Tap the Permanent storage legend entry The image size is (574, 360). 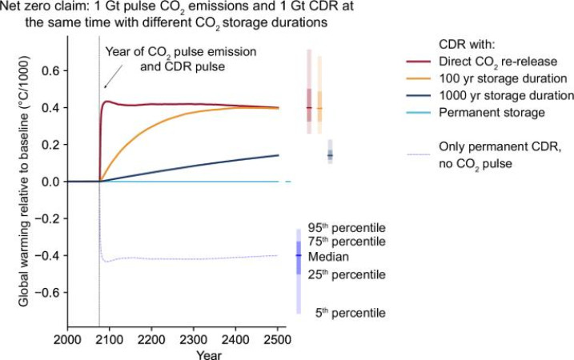click(484, 113)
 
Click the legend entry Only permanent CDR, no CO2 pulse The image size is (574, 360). click(496, 153)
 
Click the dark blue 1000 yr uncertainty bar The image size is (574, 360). click(330, 152)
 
